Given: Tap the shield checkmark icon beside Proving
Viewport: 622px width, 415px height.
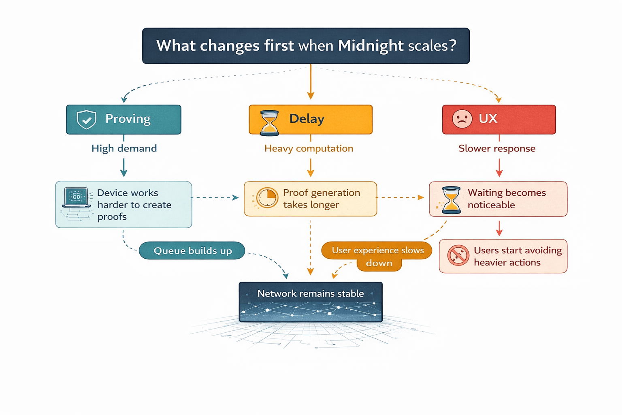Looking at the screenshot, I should pyautogui.click(x=86, y=120).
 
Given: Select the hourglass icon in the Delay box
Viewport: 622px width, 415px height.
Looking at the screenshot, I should pyautogui.click(x=269, y=123).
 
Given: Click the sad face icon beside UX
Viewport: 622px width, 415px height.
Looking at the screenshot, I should pyautogui.click(x=462, y=119).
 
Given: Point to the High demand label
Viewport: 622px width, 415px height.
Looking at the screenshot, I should pyautogui.click(x=124, y=148).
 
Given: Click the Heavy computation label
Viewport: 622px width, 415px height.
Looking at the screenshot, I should pyautogui.click(x=309, y=148).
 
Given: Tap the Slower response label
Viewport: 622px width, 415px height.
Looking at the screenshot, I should pyautogui.click(x=497, y=148).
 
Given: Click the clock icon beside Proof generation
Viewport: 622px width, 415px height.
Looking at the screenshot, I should pyautogui.click(x=267, y=198).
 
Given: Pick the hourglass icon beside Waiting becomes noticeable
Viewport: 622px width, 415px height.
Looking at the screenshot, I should pyautogui.click(x=451, y=200).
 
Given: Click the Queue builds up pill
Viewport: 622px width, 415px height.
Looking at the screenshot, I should pyautogui.click(x=192, y=251).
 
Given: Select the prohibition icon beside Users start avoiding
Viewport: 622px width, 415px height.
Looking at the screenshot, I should pyautogui.click(x=458, y=255).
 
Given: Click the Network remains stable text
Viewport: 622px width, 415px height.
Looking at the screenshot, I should pyautogui.click(x=311, y=293).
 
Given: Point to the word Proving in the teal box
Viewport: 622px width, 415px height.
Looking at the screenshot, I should pyautogui.click(x=128, y=119).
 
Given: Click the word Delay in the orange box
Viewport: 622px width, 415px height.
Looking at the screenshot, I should pyautogui.click(x=307, y=119).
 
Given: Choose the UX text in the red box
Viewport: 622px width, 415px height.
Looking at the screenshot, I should pyautogui.click(x=488, y=119).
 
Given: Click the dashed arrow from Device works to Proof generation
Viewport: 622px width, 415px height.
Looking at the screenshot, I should pyautogui.click(x=215, y=198).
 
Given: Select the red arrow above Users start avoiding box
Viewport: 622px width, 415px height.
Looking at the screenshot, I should pyautogui.click(x=499, y=228).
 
